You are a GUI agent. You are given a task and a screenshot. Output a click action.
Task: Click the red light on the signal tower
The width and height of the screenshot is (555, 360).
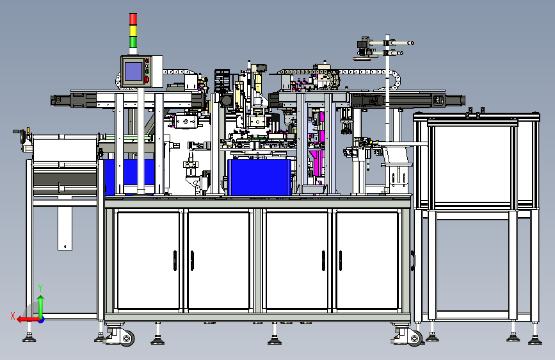point(133,19)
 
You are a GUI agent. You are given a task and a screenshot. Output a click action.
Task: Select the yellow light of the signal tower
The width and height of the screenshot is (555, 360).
point(133,31)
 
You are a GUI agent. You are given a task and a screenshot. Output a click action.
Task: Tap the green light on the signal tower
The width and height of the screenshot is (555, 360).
point(133,42)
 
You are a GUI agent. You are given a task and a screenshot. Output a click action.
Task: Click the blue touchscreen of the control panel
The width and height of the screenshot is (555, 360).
point(133,71)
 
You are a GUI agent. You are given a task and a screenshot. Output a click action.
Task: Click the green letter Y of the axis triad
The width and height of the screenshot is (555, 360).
point(40,288)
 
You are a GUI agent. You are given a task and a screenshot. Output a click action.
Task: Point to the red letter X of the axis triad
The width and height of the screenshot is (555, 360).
point(13,316)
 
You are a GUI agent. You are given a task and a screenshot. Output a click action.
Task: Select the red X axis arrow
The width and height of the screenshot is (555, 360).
point(29,320)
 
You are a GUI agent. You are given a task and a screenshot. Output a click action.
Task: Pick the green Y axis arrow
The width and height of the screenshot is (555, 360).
point(41,307)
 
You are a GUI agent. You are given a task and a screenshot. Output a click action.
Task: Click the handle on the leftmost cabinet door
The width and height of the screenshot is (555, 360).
point(175,261)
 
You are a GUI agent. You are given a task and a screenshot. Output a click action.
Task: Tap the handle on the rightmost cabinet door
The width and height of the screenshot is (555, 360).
point(340,261)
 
